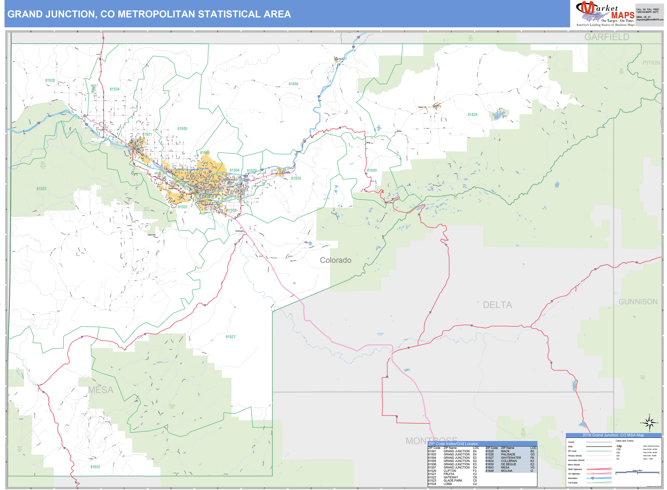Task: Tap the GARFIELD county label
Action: (606, 37)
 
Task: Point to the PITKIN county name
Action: (651, 63)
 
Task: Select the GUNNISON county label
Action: (638, 302)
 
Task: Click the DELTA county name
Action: (497, 305)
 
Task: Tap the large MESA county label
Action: (101, 390)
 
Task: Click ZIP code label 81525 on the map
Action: (50, 80)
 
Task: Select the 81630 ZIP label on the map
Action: (293, 84)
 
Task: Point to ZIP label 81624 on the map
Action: (473, 114)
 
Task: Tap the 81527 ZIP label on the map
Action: (230, 337)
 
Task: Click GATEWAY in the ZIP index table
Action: (451, 477)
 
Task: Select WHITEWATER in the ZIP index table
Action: (511, 458)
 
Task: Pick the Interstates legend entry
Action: (573, 478)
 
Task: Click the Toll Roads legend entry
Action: (573, 483)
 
